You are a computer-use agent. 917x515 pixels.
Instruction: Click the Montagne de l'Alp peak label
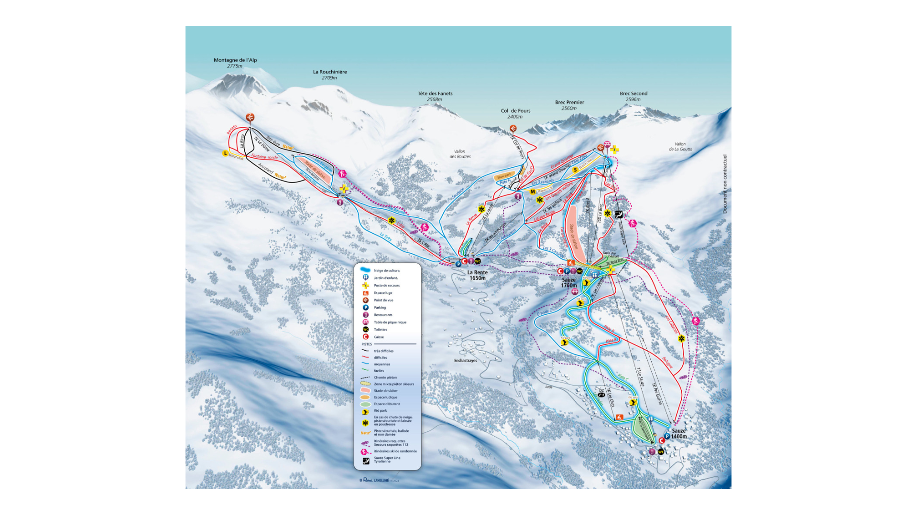point(235,63)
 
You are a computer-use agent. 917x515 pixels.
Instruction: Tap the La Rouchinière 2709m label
point(330,75)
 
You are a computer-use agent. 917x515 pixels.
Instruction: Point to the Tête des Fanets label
point(435,96)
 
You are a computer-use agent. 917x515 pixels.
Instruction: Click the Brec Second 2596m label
point(633,96)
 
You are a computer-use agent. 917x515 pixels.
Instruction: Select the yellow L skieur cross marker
point(225,153)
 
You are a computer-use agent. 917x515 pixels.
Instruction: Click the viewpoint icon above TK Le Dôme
point(250,117)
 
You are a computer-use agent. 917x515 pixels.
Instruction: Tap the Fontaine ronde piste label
point(264,157)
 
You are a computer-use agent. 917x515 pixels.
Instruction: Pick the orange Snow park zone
point(503,176)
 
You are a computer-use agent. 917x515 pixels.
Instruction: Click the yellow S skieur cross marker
point(575,170)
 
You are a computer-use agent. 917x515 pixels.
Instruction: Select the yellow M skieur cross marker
point(533,192)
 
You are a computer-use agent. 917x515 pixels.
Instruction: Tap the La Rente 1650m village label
point(477,275)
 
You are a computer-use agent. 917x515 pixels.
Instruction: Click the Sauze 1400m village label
point(678,433)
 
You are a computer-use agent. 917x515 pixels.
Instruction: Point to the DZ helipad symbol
point(601,393)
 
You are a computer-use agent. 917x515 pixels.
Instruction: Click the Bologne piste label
point(667,362)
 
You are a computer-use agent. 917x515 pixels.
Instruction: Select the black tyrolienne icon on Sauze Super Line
point(619,214)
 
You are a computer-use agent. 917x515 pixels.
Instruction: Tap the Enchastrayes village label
point(465,361)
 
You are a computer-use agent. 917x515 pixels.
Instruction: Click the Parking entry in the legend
point(380,308)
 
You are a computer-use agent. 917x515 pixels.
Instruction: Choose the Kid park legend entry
point(380,410)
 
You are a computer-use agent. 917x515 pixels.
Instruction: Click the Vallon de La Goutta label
point(680,147)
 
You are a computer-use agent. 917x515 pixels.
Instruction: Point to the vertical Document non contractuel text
point(724,183)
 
